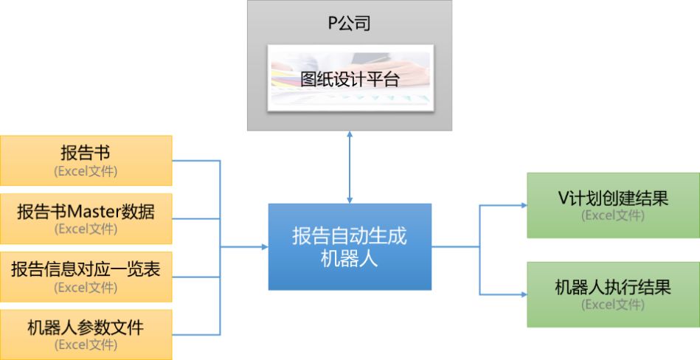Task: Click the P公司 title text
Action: [349, 23]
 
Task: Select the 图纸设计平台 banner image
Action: [350, 78]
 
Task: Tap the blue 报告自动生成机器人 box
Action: [350, 246]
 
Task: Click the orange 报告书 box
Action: [86, 160]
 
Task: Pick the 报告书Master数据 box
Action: [86, 218]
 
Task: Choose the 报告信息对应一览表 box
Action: [86, 276]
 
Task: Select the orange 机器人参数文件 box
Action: [86, 334]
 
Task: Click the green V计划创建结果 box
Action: [613, 205]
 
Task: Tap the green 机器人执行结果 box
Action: [613, 294]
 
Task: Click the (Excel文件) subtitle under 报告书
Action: [86, 171]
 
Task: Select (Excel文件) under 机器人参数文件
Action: [86, 345]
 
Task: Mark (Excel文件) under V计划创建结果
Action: [613, 215]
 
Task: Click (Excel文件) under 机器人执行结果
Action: [613, 304]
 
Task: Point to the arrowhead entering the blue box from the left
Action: [265, 247]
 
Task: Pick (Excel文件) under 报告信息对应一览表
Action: [86, 288]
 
